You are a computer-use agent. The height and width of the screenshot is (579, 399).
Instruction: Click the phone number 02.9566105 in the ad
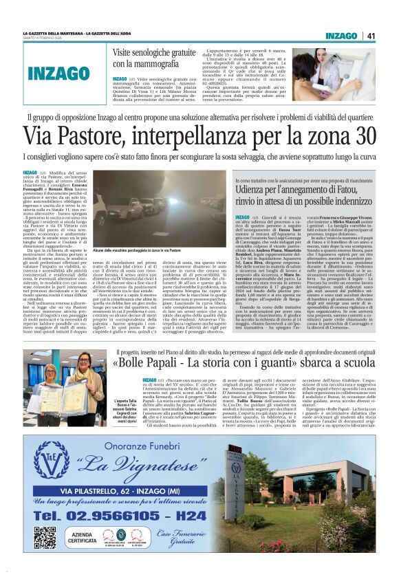pos(92,514)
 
